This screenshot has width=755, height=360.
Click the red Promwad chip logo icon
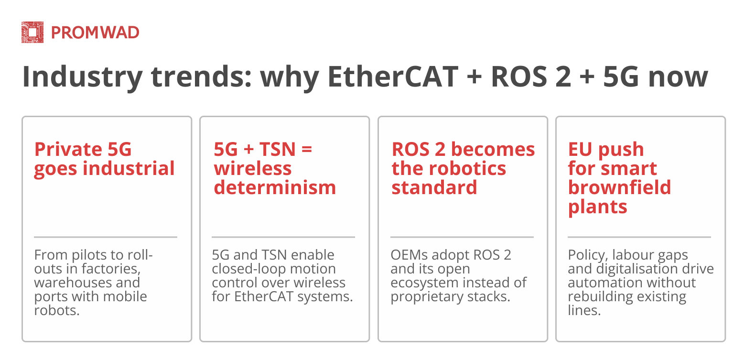32,33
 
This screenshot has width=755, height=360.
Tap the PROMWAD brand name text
95,33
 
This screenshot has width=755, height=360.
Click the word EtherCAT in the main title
393,76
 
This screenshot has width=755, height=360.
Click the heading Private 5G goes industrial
104,159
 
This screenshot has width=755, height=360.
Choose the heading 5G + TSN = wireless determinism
275,168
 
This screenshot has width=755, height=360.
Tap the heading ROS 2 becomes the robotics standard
463,168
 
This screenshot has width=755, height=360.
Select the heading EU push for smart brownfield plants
619,178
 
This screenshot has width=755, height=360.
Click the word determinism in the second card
275,187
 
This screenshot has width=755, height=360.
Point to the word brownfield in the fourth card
619,187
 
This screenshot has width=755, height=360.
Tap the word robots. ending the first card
57,310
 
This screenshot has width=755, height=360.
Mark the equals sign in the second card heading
307,149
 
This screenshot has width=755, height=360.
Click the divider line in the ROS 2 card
462,237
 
